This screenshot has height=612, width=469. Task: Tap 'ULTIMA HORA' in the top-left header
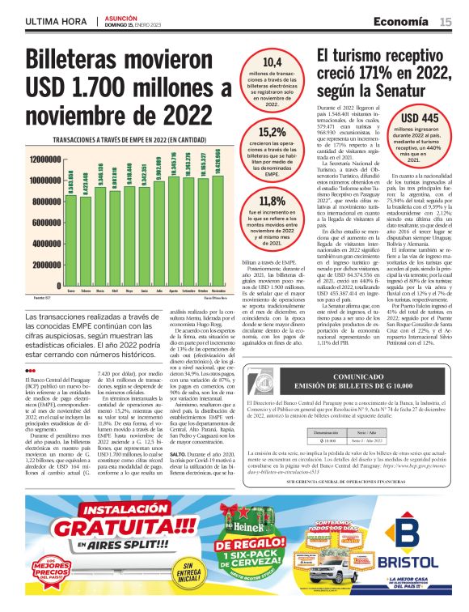pos(55,21)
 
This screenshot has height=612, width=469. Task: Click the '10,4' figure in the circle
pos(273,62)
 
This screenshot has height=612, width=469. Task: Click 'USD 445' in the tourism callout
pos(420,117)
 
